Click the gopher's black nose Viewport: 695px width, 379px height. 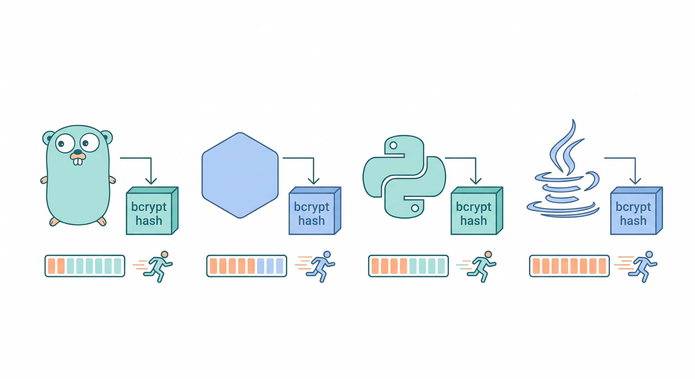(x=78, y=152)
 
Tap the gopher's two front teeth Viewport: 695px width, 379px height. (x=78, y=161)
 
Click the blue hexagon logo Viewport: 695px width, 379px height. (x=240, y=175)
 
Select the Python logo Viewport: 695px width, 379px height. (x=404, y=177)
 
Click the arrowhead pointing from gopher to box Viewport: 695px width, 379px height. (x=151, y=181)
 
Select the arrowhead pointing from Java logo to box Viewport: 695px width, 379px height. (x=635, y=181)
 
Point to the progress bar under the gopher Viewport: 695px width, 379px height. (x=85, y=266)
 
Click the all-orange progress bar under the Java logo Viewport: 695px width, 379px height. (x=569, y=266)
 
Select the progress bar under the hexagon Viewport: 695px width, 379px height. (x=247, y=266)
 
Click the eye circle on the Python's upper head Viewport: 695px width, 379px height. (x=393, y=145)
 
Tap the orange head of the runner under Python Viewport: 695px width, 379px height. (x=488, y=254)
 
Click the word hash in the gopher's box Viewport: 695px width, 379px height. (x=149, y=221)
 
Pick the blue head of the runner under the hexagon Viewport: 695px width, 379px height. (x=327, y=254)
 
